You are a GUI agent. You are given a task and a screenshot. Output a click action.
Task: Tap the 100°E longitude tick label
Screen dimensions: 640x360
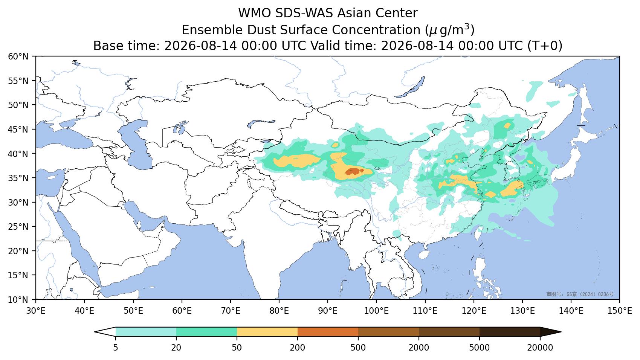(x=376, y=311)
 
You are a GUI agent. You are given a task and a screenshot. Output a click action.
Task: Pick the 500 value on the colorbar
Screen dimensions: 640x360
(x=358, y=348)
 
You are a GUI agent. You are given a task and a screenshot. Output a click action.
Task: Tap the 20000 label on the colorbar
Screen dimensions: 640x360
(x=540, y=348)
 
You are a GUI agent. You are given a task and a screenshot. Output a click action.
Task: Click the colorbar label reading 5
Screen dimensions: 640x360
(x=115, y=348)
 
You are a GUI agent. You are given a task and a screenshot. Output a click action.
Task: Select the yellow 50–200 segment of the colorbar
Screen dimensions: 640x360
(x=267, y=332)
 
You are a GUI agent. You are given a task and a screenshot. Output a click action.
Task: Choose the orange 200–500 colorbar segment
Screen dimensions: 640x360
(x=328, y=332)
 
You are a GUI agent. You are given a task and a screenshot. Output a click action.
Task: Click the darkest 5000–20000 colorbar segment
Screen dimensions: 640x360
(x=510, y=332)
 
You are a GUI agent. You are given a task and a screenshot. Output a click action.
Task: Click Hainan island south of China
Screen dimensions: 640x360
(x=424, y=255)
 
